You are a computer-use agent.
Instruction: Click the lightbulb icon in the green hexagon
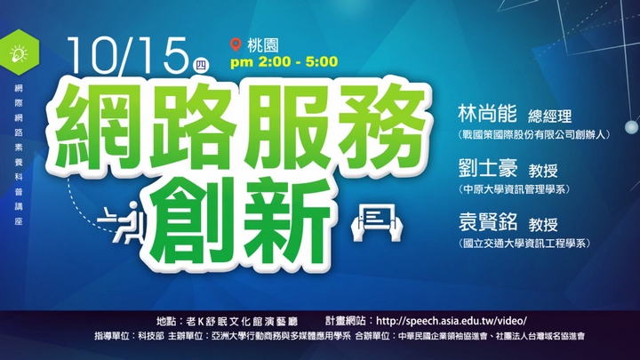point(19,53)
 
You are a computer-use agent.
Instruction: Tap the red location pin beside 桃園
point(236,44)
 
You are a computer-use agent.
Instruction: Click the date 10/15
point(127,55)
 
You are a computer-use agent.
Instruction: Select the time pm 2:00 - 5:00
point(284,62)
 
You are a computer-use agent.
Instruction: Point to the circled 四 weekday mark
point(200,66)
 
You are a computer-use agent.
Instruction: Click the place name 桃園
point(263,45)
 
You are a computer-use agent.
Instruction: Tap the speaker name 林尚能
point(487,114)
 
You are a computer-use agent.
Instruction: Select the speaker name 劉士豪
point(488,168)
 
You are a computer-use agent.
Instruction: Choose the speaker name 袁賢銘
point(488,222)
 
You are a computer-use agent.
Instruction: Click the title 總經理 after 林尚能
point(550,116)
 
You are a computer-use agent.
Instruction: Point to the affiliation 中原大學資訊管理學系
point(514,189)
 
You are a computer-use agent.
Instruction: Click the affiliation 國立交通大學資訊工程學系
point(524,244)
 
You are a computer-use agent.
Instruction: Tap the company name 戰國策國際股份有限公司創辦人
point(534,135)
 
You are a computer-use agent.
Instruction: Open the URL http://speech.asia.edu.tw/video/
point(451,321)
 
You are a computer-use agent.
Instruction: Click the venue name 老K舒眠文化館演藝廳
point(242,322)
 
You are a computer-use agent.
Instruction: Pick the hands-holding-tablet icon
point(377,222)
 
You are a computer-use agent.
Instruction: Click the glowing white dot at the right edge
point(632,127)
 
